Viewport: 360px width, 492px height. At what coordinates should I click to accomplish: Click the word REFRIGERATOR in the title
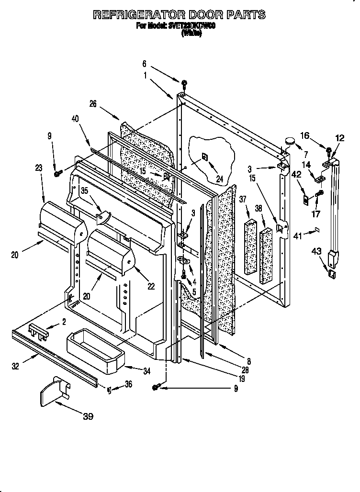[137, 15]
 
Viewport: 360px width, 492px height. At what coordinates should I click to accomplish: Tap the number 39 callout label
[87, 416]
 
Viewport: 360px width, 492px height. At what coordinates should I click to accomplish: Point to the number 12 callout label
[339, 138]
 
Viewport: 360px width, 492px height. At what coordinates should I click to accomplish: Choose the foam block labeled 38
[266, 257]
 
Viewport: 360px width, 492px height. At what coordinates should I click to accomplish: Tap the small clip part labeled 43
[330, 273]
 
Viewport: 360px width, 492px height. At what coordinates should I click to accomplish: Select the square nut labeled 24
[204, 157]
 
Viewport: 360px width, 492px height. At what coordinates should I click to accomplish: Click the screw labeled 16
[328, 153]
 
